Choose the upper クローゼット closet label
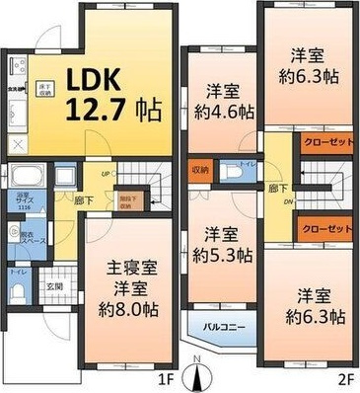pyautogui.click(x=326, y=142)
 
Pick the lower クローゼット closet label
pyautogui.click(x=326, y=229)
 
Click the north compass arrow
pyautogui.click(x=203, y=375)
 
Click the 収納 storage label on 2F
pyautogui.click(x=200, y=168)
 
